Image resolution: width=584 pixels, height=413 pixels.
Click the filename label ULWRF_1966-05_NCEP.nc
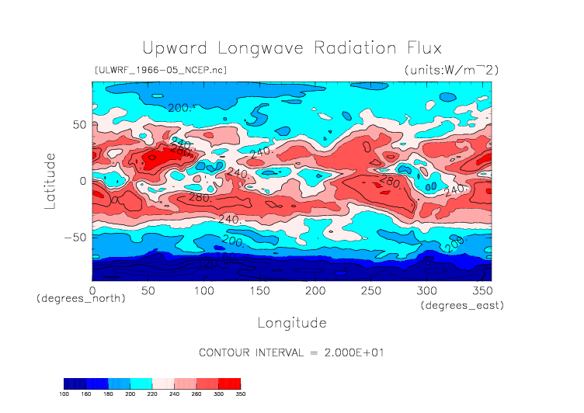tap(160, 71)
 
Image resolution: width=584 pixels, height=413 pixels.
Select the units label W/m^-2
tap(451, 71)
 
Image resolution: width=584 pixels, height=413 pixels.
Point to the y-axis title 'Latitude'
tap(50, 180)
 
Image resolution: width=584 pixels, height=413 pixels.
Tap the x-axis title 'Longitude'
tap(291, 322)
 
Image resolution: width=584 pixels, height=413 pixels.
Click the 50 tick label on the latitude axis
tap(78, 124)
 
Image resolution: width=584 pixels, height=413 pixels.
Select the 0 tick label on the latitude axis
tap(82, 180)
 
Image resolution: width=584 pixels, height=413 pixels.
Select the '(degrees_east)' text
tap(463, 306)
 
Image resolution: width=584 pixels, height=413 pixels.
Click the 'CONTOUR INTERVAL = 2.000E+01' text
tap(292, 352)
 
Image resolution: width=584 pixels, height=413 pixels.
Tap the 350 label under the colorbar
tap(241, 394)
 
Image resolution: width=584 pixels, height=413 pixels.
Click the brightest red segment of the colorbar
tap(230, 383)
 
